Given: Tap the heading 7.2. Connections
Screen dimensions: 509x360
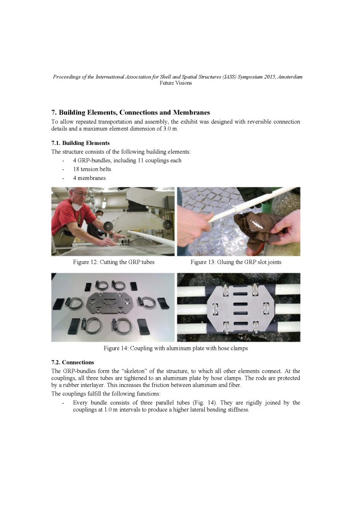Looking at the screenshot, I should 73,362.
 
